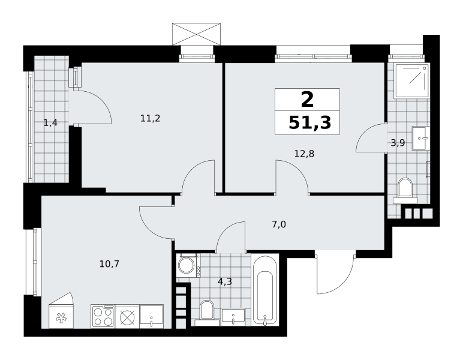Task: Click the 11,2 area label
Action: (151, 119)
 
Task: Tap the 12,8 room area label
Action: (304, 154)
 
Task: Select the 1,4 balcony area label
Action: (50, 123)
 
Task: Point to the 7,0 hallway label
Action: (279, 225)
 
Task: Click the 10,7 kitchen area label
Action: (109, 264)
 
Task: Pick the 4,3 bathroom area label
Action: (225, 282)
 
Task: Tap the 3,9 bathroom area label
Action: (398, 143)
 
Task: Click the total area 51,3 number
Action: (309, 122)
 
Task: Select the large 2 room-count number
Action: (307, 100)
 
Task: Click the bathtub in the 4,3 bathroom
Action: (265, 290)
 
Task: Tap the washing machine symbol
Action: (189, 265)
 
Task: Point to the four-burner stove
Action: (103, 316)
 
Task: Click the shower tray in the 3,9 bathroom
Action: (411, 80)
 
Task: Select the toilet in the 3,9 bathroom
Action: (405, 190)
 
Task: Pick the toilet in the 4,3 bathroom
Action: (207, 313)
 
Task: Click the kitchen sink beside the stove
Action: (151, 316)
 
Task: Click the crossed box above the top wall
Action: (196, 34)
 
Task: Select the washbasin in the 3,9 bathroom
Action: (421, 138)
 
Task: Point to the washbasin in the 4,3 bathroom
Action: (233, 317)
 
